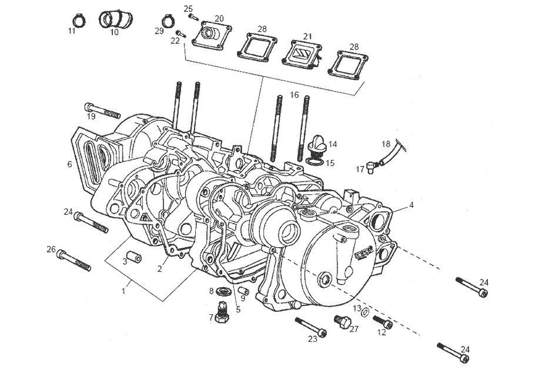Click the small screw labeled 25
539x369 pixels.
(195, 17)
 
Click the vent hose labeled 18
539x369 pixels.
(393, 152)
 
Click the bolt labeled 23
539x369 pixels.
(310, 326)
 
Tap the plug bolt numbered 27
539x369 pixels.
(343, 321)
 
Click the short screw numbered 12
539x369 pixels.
(384, 323)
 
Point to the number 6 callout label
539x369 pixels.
(69, 164)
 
